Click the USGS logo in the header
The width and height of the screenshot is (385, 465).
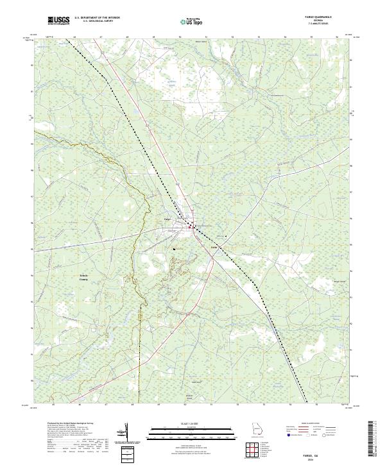[58, 21]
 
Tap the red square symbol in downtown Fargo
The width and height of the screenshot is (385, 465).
[191, 226]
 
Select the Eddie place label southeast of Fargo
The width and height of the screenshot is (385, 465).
[215, 246]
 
